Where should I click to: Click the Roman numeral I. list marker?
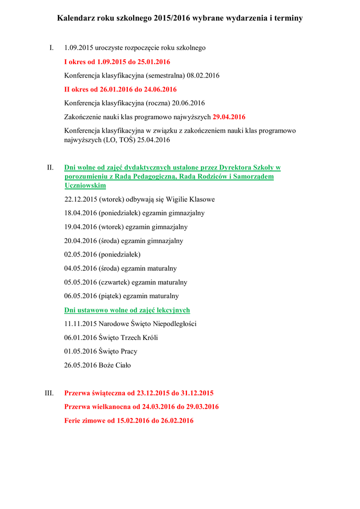(51, 48)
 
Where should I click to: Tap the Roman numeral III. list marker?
(49, 393)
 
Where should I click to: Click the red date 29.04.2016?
(229, 117)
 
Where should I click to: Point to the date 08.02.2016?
(203, 76)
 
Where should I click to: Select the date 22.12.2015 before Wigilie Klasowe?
(80, 199)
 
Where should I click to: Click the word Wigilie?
(177, 199)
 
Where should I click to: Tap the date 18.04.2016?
(80, 213)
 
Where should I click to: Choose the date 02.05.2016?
(80, 254)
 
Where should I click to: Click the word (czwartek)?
(114, 282)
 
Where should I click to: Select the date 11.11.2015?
(80, 324)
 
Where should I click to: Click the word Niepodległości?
(173, 324)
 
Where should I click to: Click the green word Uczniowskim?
(85, 185)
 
